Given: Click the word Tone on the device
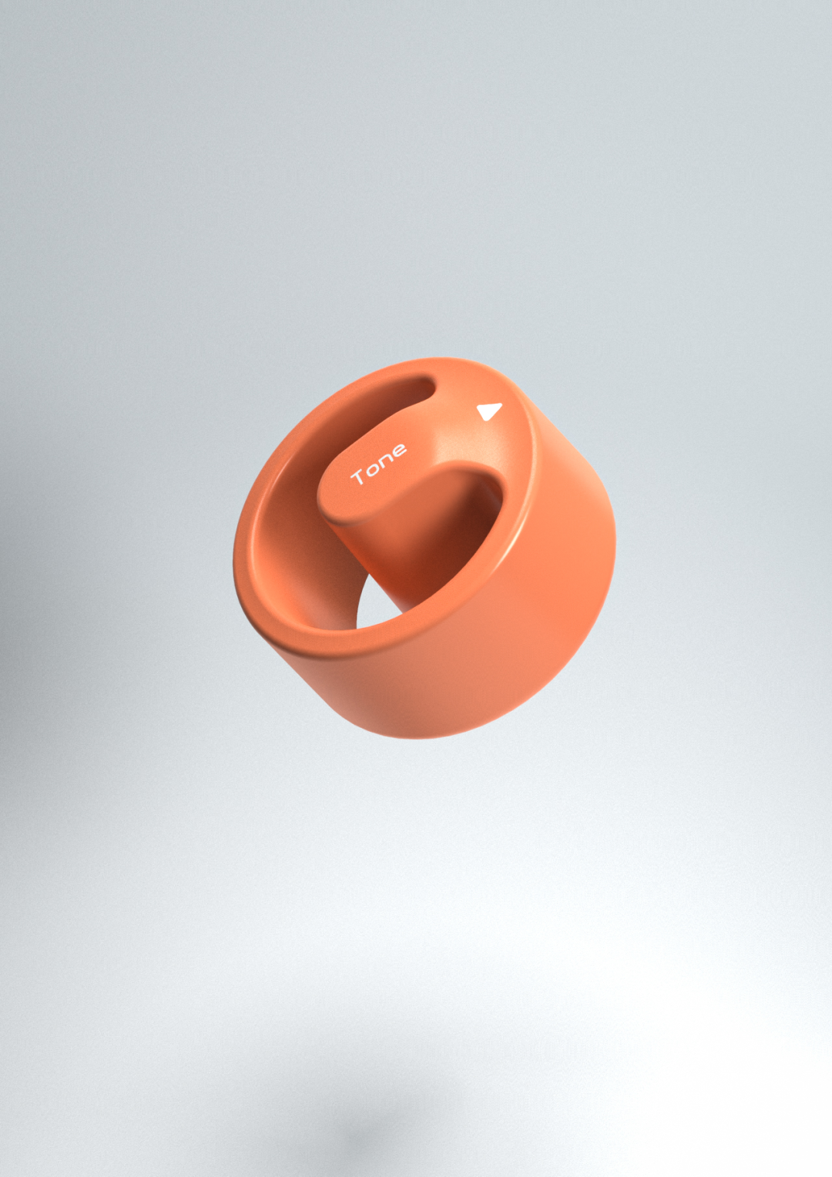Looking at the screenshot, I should click(x=378, y=464).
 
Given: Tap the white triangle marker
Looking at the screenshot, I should click(x=488, y=411).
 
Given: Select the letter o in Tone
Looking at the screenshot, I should click(x=372, y=468).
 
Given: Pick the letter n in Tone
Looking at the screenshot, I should click(x=385, y=460).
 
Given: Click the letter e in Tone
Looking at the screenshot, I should click(x=398, y=451).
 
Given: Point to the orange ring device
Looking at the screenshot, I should click(x=424, y=547).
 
